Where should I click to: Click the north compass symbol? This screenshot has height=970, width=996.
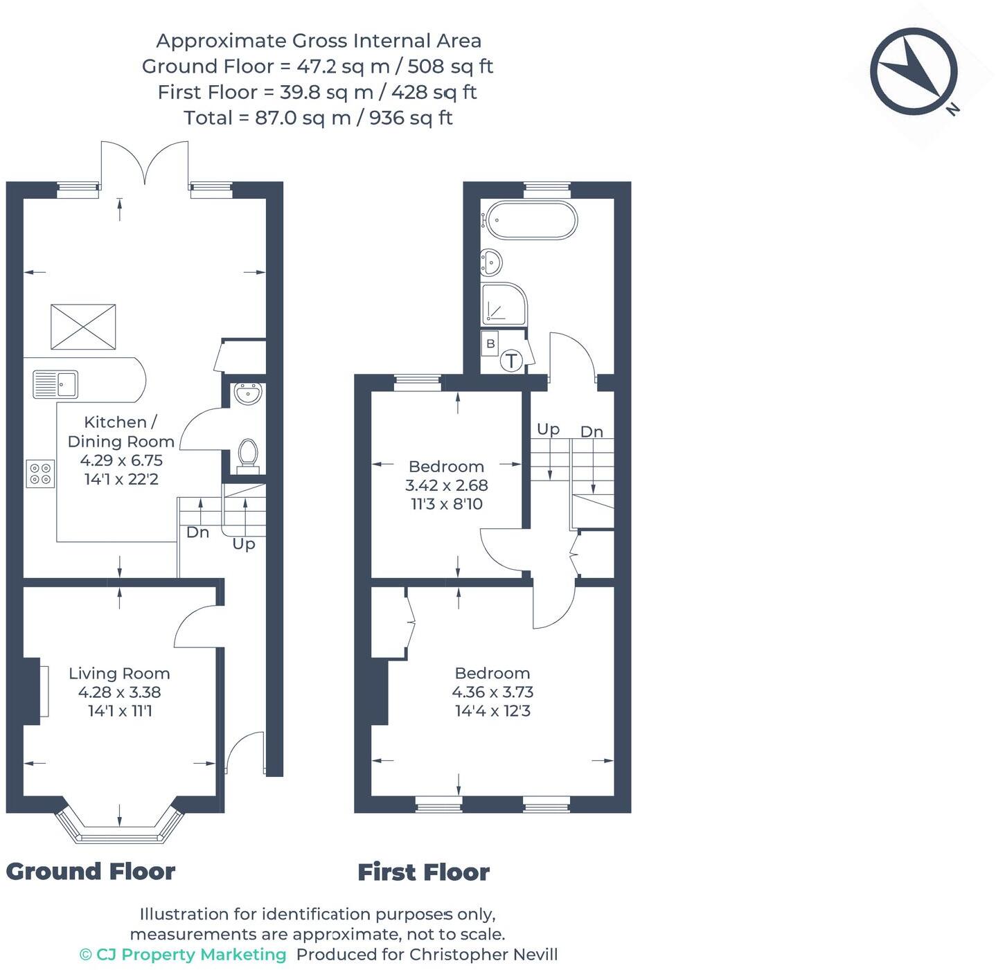(x=914, y=71)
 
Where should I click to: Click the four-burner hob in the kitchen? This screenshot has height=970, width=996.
(x=40, y=474)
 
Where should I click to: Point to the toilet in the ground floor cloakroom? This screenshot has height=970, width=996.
(x=247, y=456)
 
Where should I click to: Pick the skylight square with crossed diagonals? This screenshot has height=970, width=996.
(x=83, y=327)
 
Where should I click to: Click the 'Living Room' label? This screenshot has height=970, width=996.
(x=119, y=674)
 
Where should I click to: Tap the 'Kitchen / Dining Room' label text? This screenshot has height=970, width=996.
(x=121, y=432)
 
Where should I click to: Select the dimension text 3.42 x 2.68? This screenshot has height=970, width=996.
(x=447, y=485)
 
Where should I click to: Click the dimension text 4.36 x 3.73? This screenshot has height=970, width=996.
(x=492, y=692)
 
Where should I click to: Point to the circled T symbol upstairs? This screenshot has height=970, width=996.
(x=511, y=361)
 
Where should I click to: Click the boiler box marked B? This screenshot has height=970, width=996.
(x=490, y=343)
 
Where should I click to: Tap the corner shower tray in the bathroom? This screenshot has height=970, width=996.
(x=504, y=304)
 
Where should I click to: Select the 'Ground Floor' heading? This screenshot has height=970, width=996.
(x=91, y=871)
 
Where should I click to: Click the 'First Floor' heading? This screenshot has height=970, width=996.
(x=423, y=872)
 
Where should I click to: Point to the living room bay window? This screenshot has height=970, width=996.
(x=120, y=827)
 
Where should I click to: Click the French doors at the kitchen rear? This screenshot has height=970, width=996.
(x=145, y=163)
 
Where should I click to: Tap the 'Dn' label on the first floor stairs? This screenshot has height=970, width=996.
(x=592, y=432)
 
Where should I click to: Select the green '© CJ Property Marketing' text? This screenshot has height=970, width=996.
(x=183, y=955)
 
